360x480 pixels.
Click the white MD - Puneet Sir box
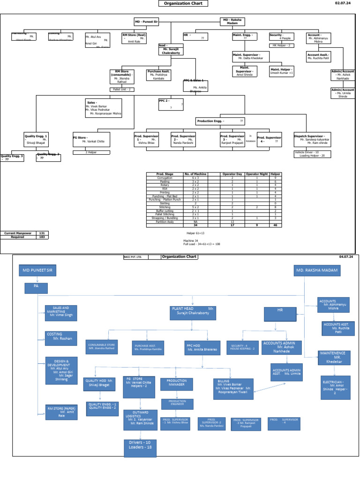click(x=147, y=22)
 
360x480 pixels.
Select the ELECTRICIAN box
click(x=335, y=387)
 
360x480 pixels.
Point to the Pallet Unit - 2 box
click(x=122, y=89)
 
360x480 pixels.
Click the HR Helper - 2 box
click(x=282, y=45)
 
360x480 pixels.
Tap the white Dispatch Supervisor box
click(x=312, y=139)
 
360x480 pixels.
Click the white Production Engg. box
click(x=220, y=121)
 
